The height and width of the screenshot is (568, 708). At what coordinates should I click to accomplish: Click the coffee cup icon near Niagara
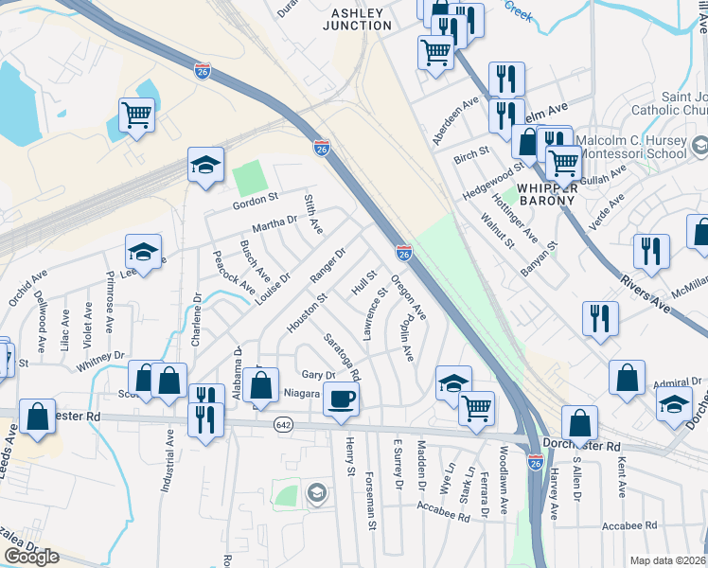click(342, 399)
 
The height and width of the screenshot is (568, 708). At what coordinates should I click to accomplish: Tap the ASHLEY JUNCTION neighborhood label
click(357, 19)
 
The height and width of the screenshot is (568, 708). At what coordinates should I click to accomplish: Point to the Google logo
click(31, 557)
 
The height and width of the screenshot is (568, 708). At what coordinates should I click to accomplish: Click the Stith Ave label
click(313, 214)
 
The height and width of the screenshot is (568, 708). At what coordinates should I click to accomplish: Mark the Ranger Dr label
click(328, 265)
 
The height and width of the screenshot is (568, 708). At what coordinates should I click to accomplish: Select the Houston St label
click(307, 311)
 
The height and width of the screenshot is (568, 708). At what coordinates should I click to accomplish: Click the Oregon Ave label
click(409, 296)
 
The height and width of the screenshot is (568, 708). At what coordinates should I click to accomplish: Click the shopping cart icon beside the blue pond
click(137, 115)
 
